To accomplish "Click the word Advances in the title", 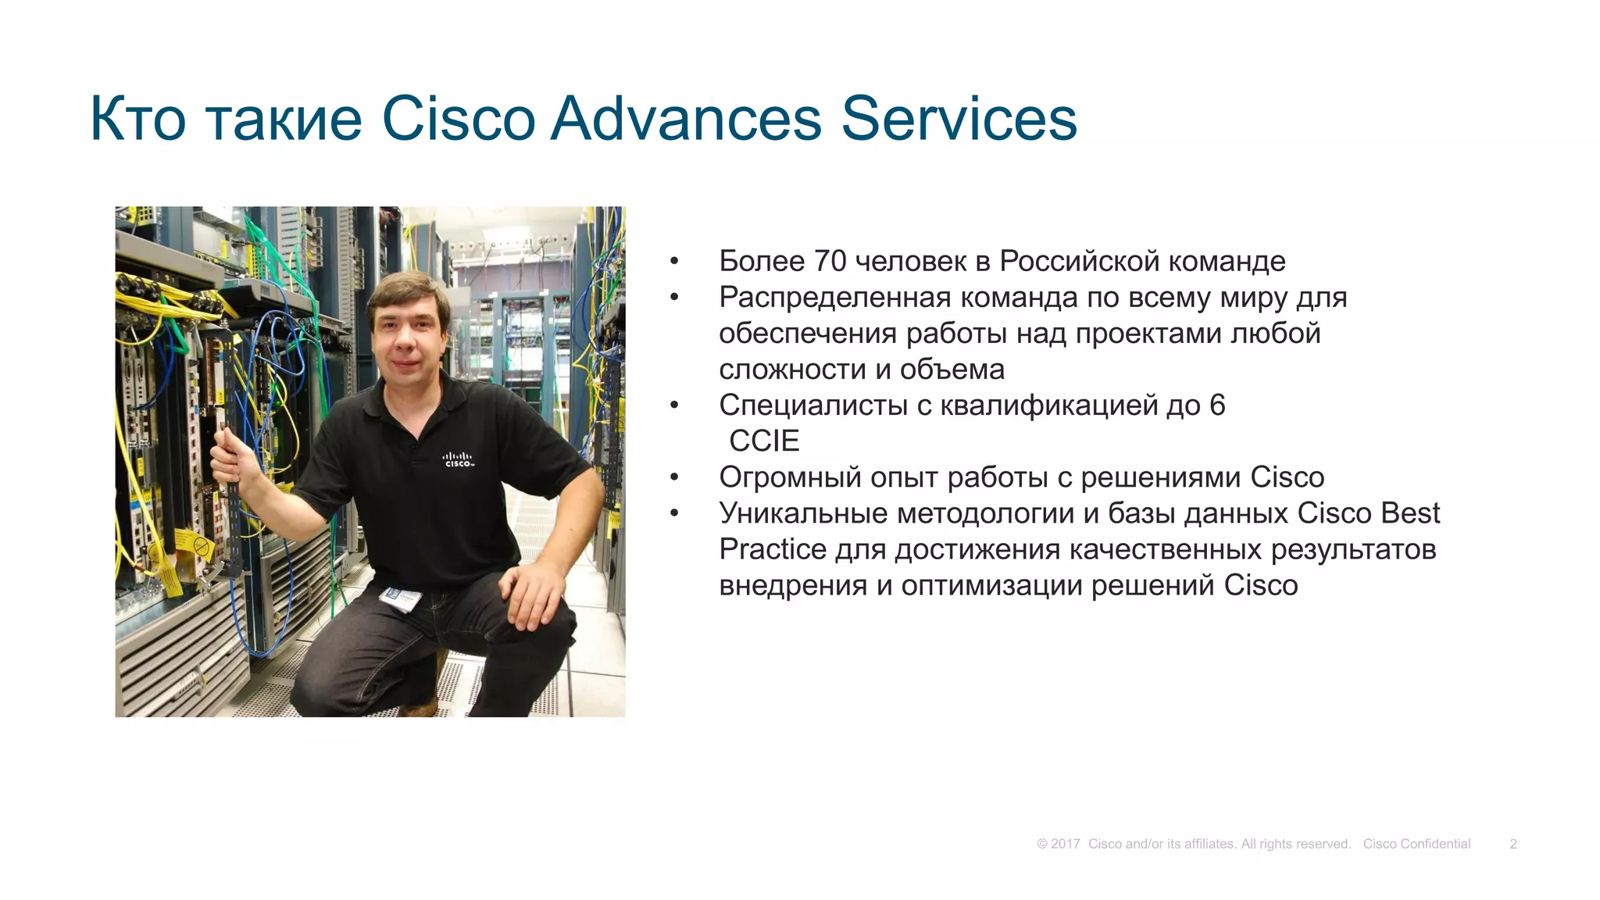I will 686,119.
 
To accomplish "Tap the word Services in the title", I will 959,119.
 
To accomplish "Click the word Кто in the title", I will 137,119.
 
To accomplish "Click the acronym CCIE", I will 764,441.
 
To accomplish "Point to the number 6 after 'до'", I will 1217,405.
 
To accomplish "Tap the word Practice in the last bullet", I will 772,549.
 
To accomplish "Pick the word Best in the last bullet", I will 1410,513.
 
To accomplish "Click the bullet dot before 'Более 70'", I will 674,262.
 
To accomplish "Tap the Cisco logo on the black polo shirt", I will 458,459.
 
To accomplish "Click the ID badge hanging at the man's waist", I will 401,599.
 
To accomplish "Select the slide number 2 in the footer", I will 1512,844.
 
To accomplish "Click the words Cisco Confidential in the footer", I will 1416,844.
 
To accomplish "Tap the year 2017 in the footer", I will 1065,844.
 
